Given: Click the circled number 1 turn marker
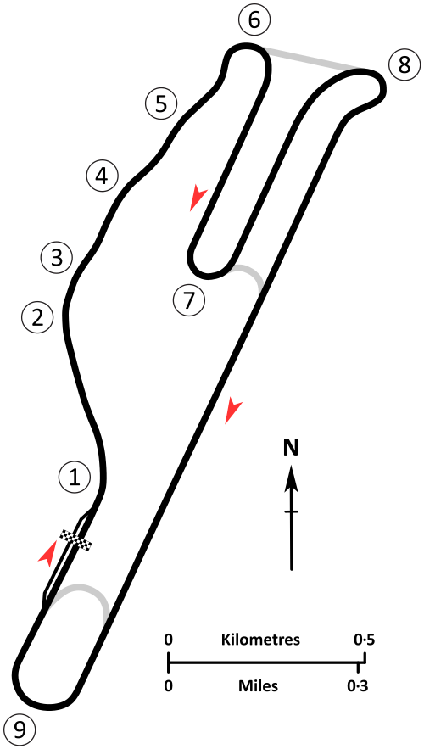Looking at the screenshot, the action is (75, 477).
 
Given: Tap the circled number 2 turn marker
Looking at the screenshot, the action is (37, 317).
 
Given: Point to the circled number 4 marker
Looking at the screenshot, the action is (101, 176).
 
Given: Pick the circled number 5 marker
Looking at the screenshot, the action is (161, 103).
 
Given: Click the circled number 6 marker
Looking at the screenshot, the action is (255, 20).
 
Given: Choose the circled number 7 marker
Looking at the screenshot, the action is (188, 300).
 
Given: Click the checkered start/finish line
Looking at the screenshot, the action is (75, 540).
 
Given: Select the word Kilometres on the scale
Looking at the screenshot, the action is (260, 640).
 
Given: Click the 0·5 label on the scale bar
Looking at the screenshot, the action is (363, 640).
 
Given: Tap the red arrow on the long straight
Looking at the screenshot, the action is (232, 410).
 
